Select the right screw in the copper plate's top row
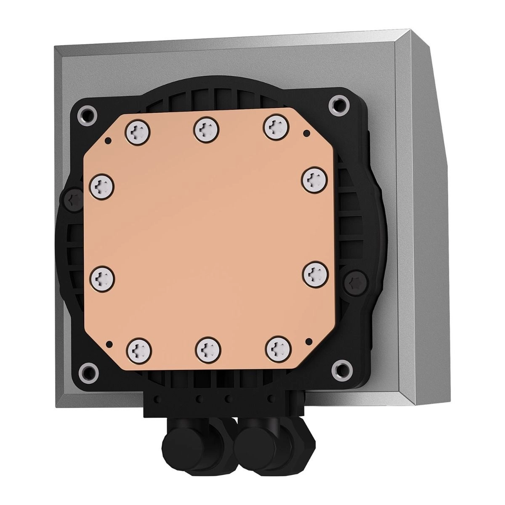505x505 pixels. click(x=276, y=126)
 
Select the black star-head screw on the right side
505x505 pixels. click(x=352, y=282)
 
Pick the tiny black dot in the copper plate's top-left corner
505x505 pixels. click(x=109, y=140)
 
